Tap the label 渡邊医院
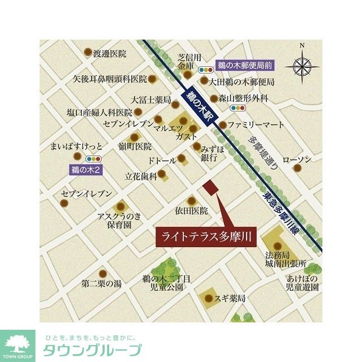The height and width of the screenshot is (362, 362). tap(110, 54)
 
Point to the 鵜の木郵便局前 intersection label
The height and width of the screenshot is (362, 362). tap(244, 66)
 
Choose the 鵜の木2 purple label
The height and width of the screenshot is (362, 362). tap(85, 169)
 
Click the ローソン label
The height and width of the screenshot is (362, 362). tap(296, 161)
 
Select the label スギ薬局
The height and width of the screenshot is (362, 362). tap(232, 298)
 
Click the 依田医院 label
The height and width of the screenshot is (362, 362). tap(191, 210)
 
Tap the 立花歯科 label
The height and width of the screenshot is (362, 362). tap(141, 176)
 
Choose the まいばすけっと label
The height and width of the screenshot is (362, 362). tap(77, 146)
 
